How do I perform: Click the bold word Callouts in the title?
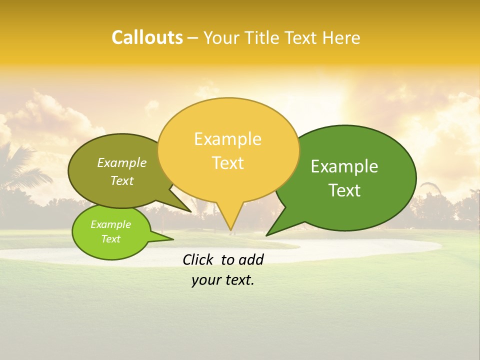pos(147,37)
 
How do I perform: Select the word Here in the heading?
pos(341,38)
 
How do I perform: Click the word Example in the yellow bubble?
pos(227,139)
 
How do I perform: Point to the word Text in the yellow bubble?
pos(227,163)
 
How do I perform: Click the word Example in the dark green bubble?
pos(344,166)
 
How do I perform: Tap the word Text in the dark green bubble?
pos(344,190)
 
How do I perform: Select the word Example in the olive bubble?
pos(122,162)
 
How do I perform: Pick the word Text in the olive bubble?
pos(122,180)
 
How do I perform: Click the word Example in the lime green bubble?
pos(110,224)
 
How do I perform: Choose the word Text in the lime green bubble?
pos(110,239)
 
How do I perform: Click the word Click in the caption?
pos(197,259)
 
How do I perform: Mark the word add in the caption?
pos(251,259)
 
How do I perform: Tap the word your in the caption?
pos(205,280)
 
